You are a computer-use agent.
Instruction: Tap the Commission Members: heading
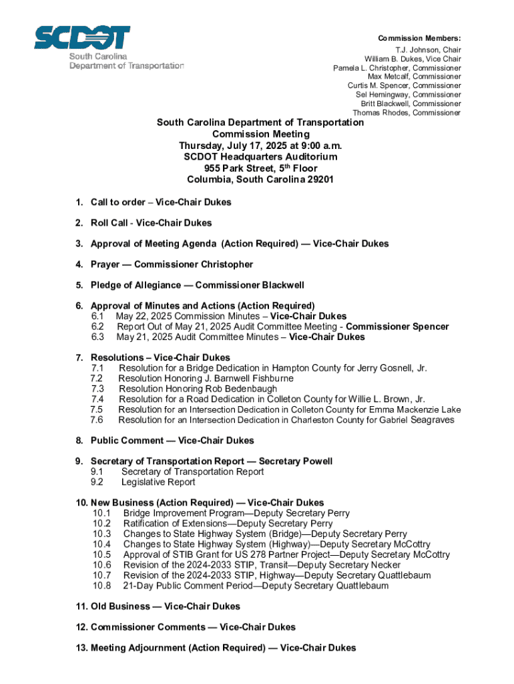[x=420, y=38]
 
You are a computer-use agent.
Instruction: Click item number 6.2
[x=97, y=327]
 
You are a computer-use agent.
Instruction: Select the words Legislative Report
[x=158, y=482]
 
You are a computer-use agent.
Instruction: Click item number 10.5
[x=102, y=554]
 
